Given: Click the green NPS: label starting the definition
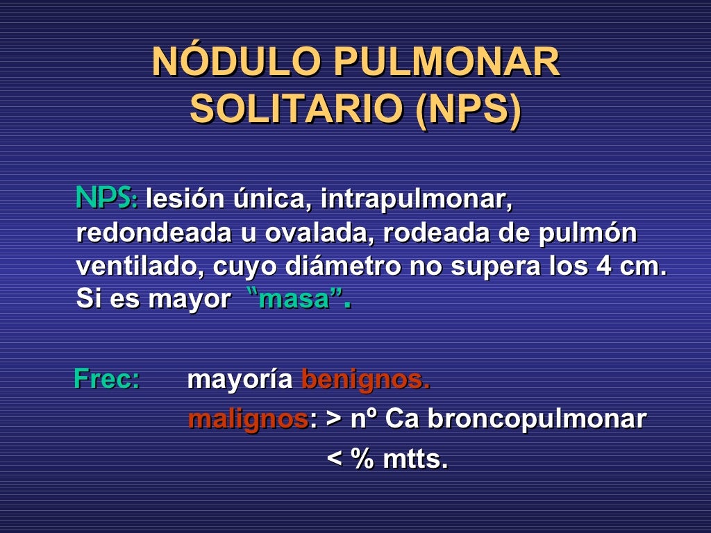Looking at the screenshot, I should click(106, 198).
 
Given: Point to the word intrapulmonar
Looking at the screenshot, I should click(416, 201).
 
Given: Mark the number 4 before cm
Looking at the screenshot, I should click(603, 266).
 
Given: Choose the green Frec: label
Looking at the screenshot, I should click(106, 380).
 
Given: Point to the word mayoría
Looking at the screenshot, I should click(240, 380).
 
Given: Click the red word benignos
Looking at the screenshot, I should click(365, 380).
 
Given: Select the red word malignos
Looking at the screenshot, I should click(248, 419).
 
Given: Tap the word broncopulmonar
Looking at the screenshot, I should click(536, 419).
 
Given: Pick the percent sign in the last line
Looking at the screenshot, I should click(363, 459).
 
